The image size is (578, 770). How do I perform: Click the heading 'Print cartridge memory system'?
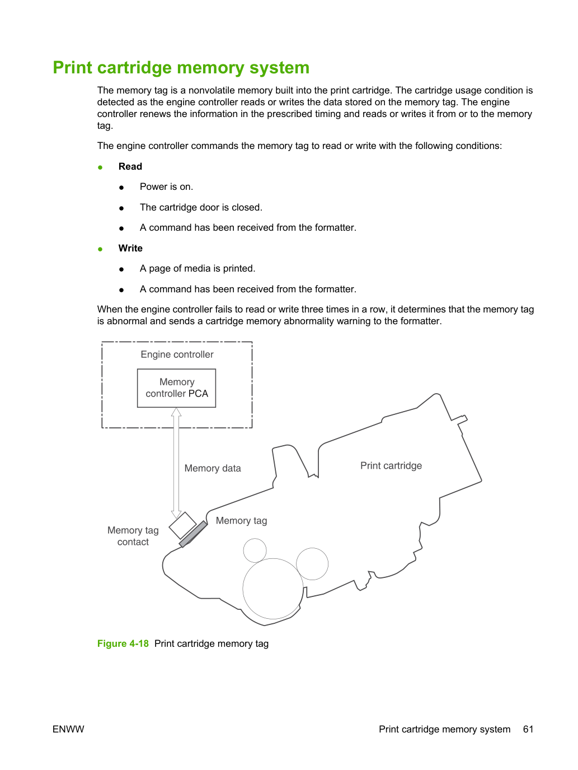pos(181,68)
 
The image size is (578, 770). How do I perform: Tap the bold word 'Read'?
pos(130,166)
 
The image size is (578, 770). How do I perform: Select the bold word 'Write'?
pos(130,248)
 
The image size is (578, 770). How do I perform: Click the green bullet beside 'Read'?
pos(100,167)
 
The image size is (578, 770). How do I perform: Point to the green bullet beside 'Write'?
pos(100,249)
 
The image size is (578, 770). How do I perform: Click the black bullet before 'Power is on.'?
pos(121,188)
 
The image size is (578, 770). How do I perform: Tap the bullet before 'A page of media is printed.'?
pos(121,269)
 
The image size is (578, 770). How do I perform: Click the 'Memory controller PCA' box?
pos(176,388)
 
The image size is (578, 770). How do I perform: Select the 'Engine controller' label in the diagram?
pos(177,354)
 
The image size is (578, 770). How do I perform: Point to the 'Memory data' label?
pos(213,468)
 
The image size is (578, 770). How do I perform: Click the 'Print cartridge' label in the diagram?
pos(391,465)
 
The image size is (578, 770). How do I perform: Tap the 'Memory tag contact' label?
pos(133,536)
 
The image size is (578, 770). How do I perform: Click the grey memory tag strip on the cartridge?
pos(193,534)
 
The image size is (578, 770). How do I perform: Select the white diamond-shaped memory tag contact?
pos(182,525)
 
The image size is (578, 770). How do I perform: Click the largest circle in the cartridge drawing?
pos(273,559)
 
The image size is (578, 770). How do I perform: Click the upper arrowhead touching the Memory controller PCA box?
pos(176,412)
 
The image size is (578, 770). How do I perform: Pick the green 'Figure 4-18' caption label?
pos(123,643)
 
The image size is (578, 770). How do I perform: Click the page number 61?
pos(528,729)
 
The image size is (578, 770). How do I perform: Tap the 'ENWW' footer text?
pos(68,729)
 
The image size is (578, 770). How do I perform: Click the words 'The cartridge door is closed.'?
pos(201,207)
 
